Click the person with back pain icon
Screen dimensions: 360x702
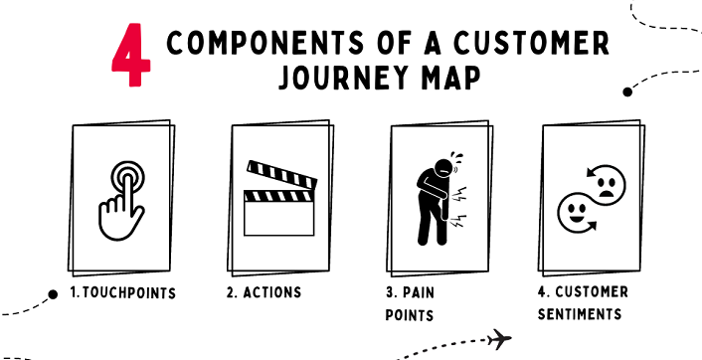tap(435, 199)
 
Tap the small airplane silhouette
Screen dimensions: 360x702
tap(501, 339)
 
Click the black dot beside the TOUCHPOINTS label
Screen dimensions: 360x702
tap(53, 293)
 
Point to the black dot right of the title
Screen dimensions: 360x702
tap(627, 91)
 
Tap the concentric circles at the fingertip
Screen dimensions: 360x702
tap(123, 175)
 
